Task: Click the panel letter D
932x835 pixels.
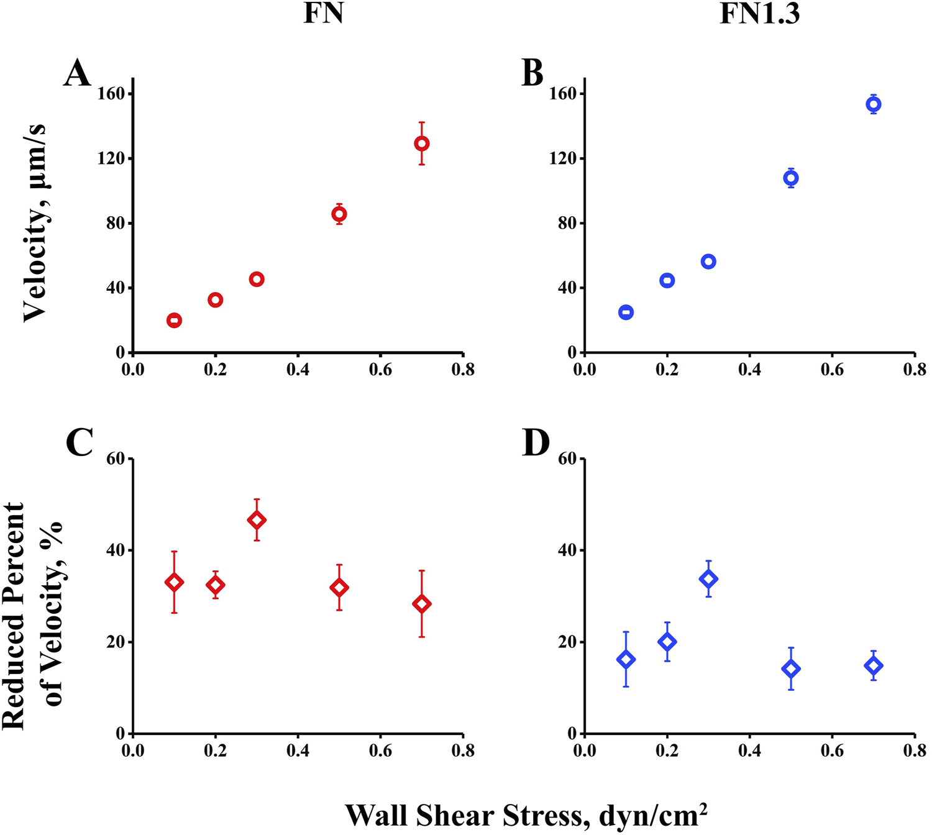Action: point(536,443)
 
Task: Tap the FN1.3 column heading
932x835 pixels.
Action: point(759,14)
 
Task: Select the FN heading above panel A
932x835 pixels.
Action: point(323,14)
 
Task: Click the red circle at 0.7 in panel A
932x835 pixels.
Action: point(422,144)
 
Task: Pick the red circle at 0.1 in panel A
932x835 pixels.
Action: point(174,321)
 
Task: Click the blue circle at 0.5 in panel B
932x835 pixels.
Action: point(791,178)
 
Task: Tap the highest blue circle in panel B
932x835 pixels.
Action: point(874,104)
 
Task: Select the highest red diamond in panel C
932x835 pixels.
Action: point(257,520)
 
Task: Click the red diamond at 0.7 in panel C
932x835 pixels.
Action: point(422,603)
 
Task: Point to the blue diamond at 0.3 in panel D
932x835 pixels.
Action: point(708,579)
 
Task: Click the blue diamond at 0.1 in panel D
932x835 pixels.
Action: point(626,660)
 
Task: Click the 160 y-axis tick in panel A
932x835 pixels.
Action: point(112,94)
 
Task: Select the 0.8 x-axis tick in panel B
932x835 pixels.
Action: point(915,370)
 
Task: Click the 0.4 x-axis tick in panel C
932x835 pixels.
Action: point(298,751)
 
